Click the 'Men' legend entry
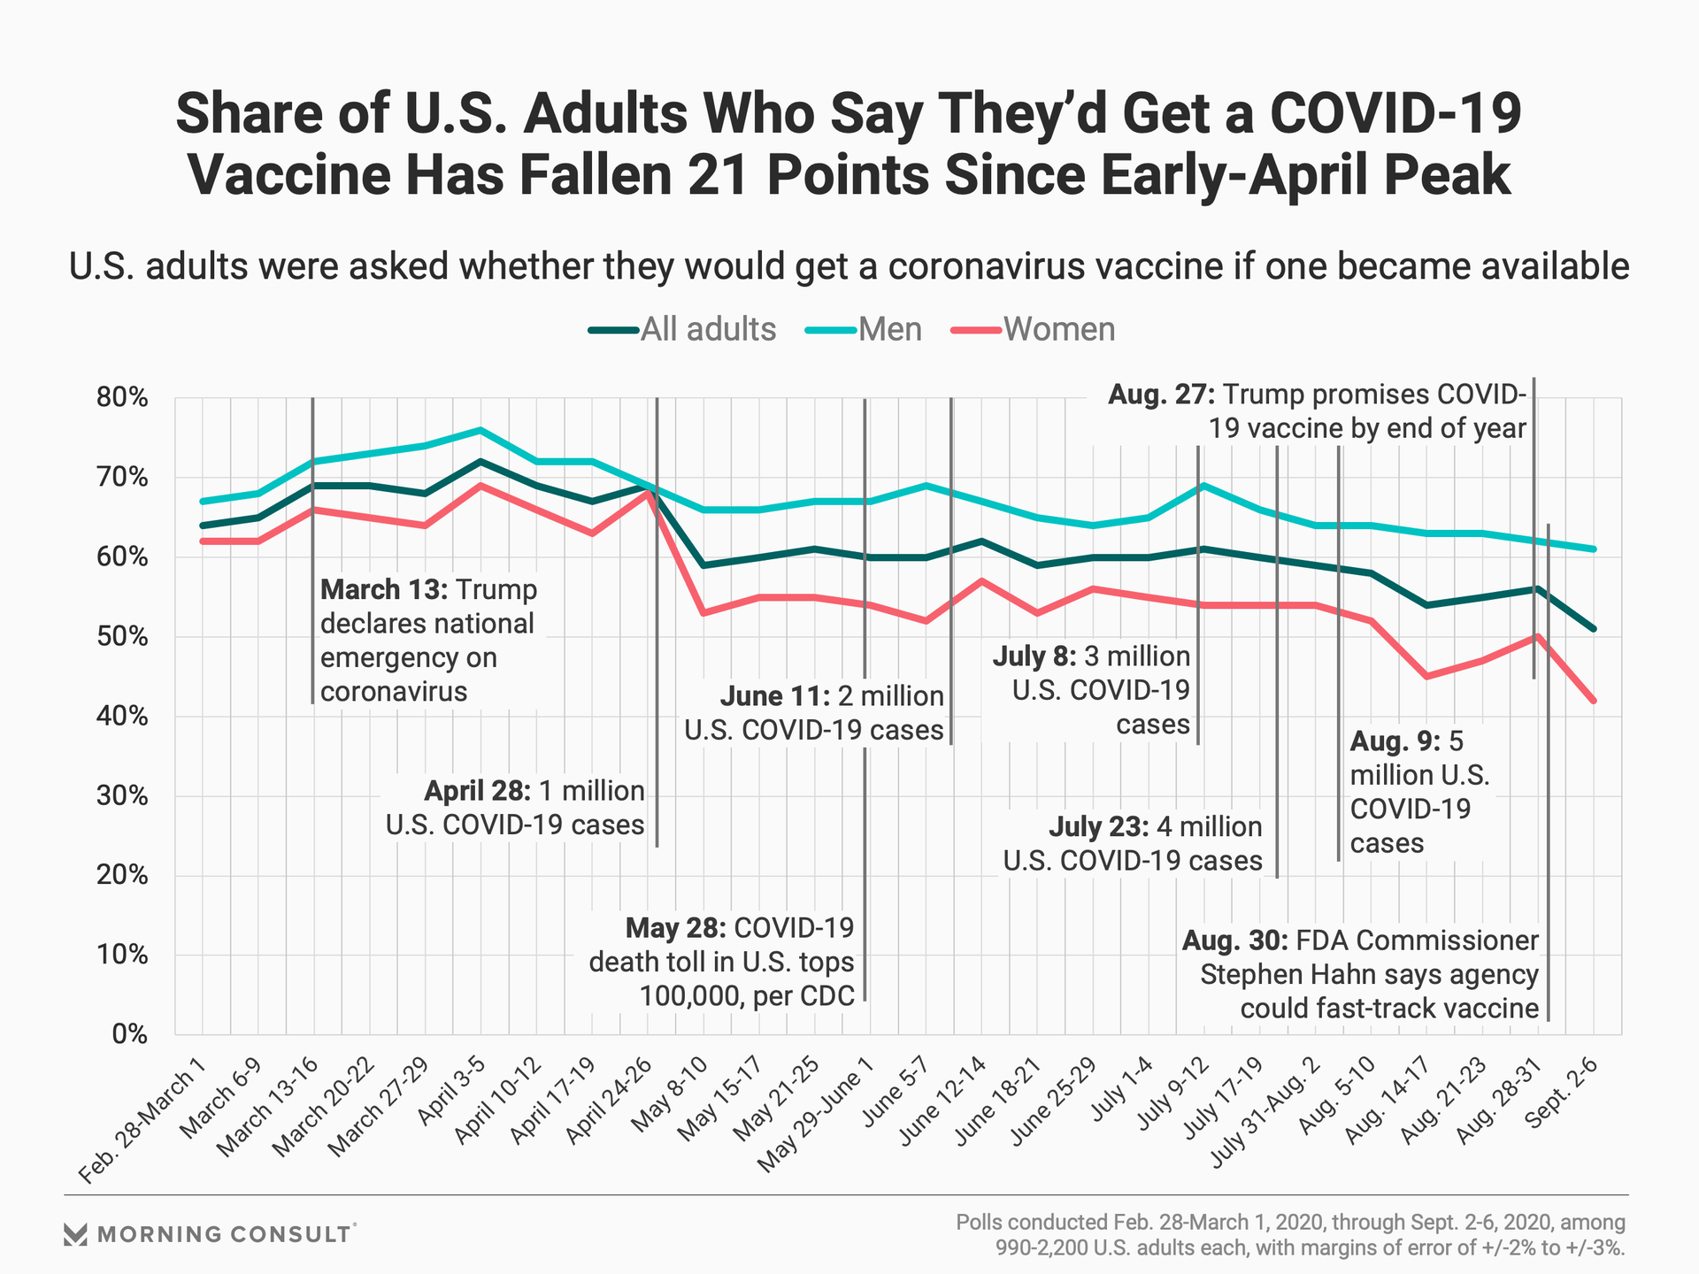(889, 329)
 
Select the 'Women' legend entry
(1058, 329)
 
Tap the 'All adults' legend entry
(707, 329)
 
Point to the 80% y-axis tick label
(121, 398)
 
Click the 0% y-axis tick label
(128, 1034)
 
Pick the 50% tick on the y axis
(121, 637)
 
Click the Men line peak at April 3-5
(480, 430)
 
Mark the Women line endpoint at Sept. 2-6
(1594, 701)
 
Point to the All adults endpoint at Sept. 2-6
(1594, 629)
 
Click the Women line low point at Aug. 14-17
(1426, 677)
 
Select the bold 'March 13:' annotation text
(384, 590)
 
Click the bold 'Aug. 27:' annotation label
(1161, 395)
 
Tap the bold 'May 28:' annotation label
(675, 928)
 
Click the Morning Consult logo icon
(75, 1234)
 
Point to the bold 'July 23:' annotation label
(1098, 827)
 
